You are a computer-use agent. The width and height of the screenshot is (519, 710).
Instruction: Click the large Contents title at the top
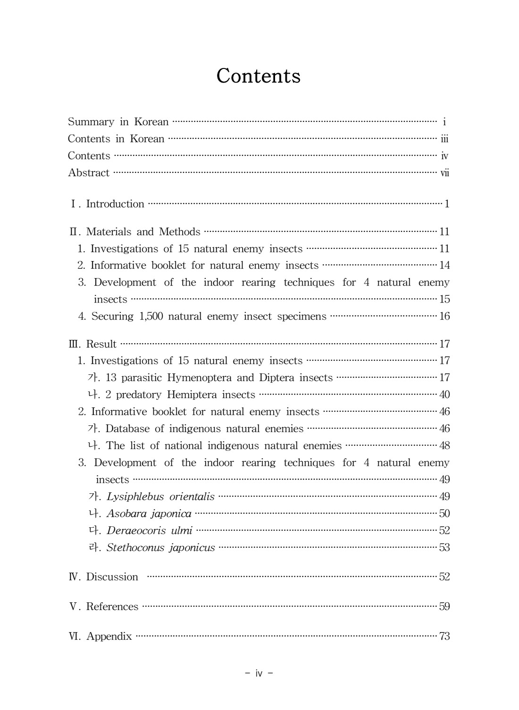pyautogui.click(x=259, y=76)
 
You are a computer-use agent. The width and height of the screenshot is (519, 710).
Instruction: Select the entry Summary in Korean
pyautogui.click(x=118, y=122)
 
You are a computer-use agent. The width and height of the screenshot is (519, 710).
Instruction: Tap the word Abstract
pyautogui.click(x=89, y=173)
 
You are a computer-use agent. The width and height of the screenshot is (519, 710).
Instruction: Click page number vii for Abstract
pyautogui.click(x=444, y=173)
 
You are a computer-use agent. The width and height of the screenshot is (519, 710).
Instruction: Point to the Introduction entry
pyautogui.click(x=115, y=204)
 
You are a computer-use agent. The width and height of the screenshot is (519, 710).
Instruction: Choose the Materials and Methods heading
pyautogui.click(x=143, y=232)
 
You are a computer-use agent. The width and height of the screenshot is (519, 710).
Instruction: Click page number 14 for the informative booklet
pyautogui.click(x=444, y=265)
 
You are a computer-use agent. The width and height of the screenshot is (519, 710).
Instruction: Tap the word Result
pyautogui.click(x=101, y=344)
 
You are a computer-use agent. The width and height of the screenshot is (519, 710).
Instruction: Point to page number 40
pyautogui.click(x=444, y=395)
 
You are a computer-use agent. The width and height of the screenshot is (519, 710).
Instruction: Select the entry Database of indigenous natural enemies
pyautogui.click(x=204, y=429)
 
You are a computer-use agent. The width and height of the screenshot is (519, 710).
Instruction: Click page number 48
pyautogui.click(x=444, y=446)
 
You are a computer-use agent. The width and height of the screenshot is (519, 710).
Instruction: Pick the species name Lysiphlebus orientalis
pyautogui.click(x=160, y=497)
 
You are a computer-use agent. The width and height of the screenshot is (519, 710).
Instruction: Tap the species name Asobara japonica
pyautogui.click(x=149, y=514)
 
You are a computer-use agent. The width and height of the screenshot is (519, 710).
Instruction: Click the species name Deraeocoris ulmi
pyautogui.click(x=149, y=531)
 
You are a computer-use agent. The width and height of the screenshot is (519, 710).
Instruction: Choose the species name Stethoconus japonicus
pyautogui.click(x=160, y=548)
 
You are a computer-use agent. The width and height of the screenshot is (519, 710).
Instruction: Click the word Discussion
pyautogui.click(x=112, y=577)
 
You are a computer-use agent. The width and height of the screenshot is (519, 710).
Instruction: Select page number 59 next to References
pyautogui.click(x=444, y=607)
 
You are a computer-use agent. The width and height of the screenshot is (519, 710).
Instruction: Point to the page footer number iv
pyautogui.click(x=259, y=673)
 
